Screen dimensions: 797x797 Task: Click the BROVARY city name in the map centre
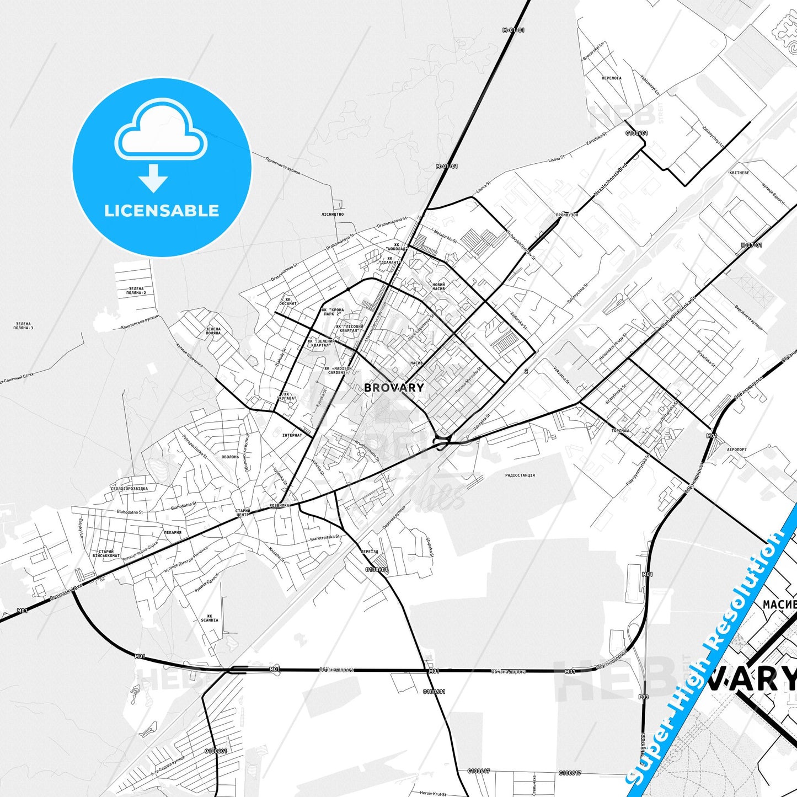pos(394,387)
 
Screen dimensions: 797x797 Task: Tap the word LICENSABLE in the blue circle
pos(162,210)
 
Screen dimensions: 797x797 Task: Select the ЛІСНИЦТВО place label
pos(333,214)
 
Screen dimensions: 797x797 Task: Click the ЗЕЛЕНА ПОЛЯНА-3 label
pos(23,326)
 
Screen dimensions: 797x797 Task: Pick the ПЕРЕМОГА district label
pos(612,78)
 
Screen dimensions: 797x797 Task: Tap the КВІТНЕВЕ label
pos(739,173)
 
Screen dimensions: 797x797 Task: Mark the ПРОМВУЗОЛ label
pos(567,215)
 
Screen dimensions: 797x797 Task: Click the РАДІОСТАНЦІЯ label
pos(520,475)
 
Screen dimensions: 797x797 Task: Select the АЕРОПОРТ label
pos(737,450)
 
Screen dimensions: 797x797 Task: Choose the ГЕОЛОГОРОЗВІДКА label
pos(130,489)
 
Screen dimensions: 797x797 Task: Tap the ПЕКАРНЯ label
pos(173,532)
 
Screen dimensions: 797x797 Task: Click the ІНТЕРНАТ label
pos(292,435)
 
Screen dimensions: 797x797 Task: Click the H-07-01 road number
pos(751,245)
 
